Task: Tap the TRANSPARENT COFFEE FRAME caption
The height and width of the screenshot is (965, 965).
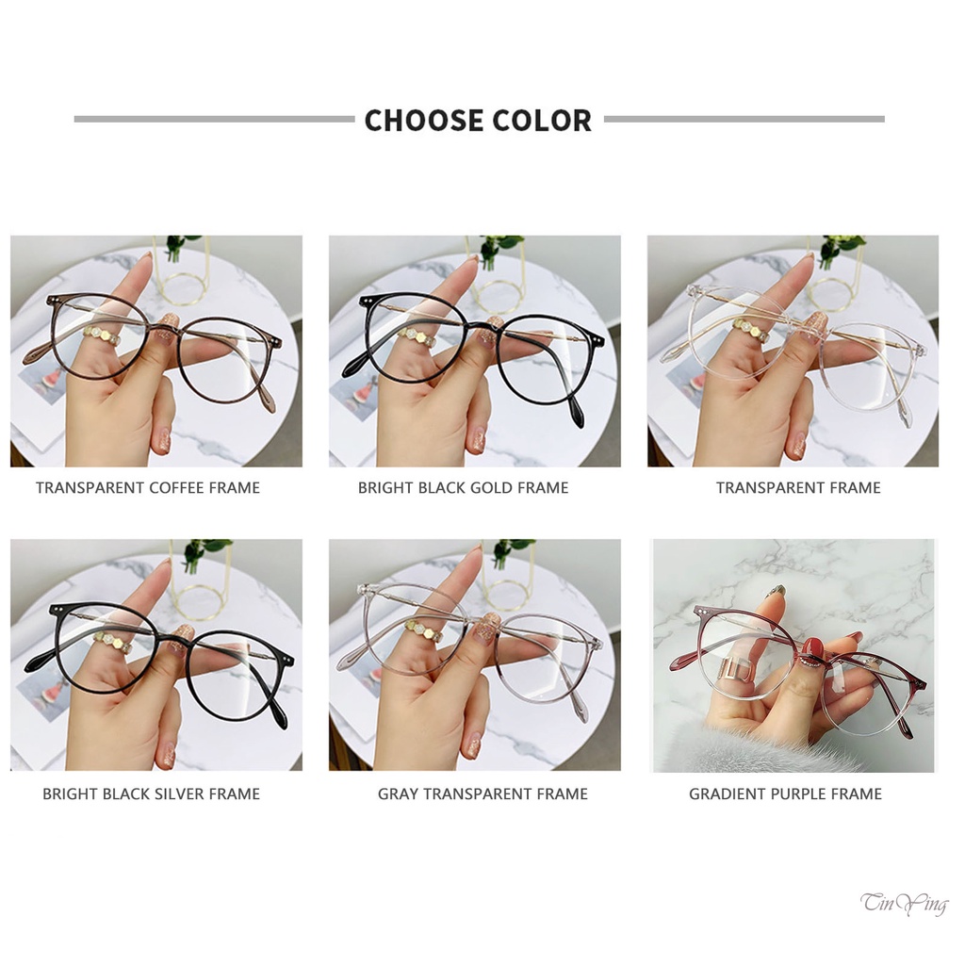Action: [x=148, y=487]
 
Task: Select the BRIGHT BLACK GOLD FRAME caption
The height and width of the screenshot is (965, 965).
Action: [x=463, y=487]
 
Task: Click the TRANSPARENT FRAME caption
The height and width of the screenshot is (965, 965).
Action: [x=797, y=487]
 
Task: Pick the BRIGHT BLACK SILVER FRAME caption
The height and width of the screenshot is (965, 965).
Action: [x=151, y=793]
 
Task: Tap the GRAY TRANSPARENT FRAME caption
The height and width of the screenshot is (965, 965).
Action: [x=482, y=793]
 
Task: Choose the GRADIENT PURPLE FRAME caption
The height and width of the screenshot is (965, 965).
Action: [x=785, y=793]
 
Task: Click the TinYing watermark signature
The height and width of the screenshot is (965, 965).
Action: [x=904, y=905]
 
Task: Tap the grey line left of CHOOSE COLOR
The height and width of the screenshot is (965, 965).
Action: [x=214, y=120]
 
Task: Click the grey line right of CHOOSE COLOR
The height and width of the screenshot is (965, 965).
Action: [x=744, y=120]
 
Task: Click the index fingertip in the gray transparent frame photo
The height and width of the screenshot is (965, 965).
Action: [x=470, y=560]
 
